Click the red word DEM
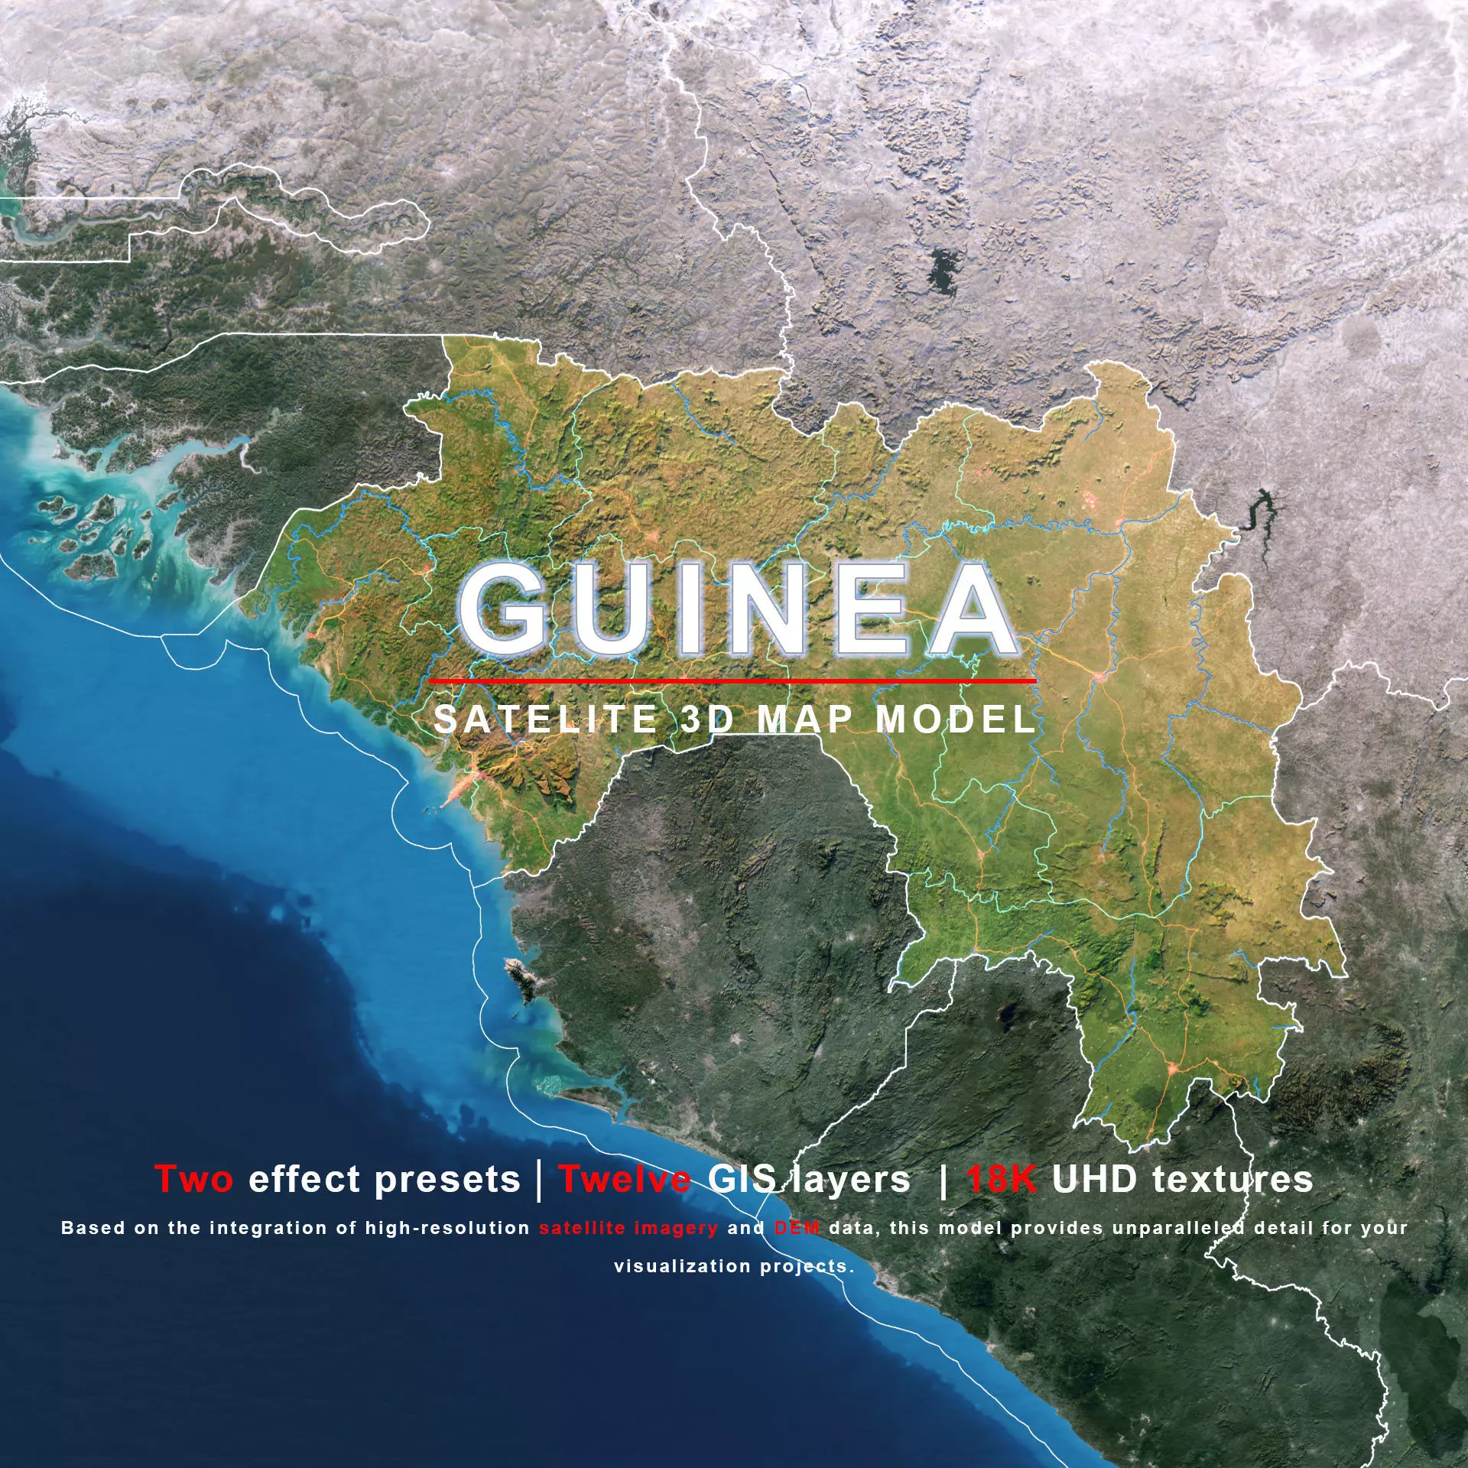click(x=797, y=1229)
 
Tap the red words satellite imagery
click(x=628, y=1229)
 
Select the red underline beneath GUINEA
click(x=732, y=679)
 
